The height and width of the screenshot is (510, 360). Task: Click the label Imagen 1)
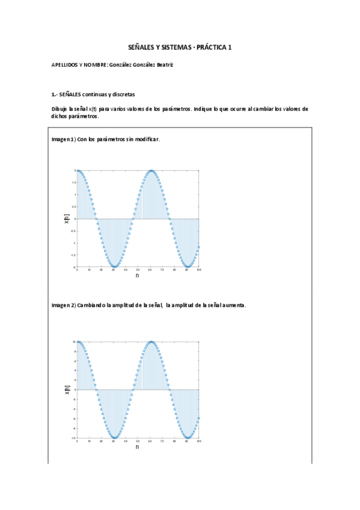click(63, 139)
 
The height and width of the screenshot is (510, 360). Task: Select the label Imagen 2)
click(63, 306)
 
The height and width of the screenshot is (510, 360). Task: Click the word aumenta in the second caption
click(234, 306)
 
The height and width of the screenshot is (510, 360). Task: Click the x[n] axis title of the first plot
click(67, 219)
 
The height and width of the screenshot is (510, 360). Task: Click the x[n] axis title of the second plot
click(67, 390)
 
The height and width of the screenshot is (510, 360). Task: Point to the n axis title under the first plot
click(137, 275)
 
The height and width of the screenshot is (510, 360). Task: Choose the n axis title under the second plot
click(137, 447)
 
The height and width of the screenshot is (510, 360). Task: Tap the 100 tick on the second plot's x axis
click(198, 441)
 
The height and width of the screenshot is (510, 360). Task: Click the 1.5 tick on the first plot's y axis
click(74, 182)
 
